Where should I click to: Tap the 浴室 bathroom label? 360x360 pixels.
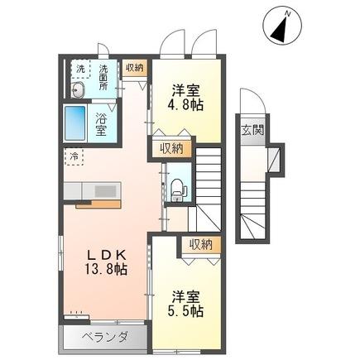click(101, 124)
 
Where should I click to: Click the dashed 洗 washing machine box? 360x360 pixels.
click(80, 70)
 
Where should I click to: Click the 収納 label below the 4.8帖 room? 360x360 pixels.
click(170, 149)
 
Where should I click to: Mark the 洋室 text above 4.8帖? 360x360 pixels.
click(186, 90)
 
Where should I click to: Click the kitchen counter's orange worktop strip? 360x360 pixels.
click(98, 204)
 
